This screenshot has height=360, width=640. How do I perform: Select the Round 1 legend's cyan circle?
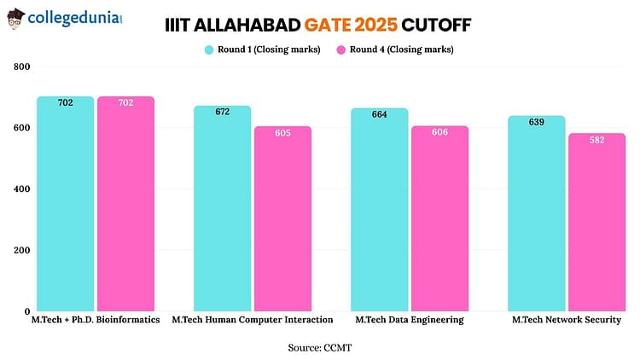point(209,49)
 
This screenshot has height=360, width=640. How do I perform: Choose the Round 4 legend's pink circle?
point(343,49)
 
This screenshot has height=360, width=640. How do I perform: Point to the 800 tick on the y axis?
point(21,67)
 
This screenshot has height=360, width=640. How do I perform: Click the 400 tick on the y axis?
point(21,189)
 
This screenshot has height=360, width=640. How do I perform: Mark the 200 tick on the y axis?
point(21,250)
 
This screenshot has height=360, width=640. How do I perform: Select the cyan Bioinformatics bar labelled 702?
point(66,205)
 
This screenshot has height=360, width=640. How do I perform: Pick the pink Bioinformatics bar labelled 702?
point(125,205)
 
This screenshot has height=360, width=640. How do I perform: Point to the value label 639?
point(537,123)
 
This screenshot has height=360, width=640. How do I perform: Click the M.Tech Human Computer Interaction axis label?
point(253,320)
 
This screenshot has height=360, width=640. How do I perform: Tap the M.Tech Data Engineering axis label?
point(410,320)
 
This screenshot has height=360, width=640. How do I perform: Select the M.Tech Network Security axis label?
point(566,320)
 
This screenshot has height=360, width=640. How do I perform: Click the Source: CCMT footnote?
point(319,347)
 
